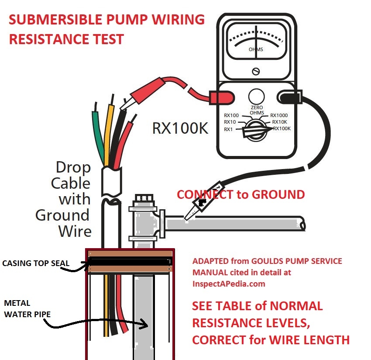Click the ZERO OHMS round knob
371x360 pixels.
(256, 96)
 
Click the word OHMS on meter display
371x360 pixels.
(256, 49)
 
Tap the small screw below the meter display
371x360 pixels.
(256, 71)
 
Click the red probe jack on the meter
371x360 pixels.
(216, 97)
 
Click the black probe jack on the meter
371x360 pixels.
(289, 97)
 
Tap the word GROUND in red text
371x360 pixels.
(280, 194)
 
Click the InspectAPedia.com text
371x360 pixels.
(229, 284)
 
